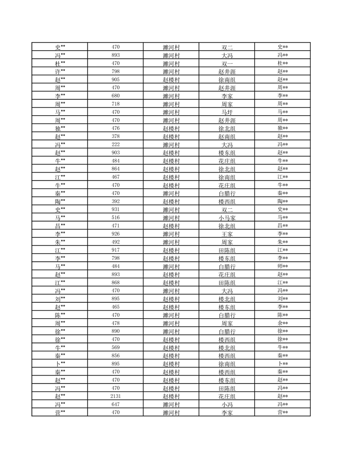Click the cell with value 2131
click(x=116, y=396)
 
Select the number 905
click(x=116, y=79)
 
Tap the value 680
click(x=116, y=96)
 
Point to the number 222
click(x=116, y=144)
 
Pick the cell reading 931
click(x=116, y=209)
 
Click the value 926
click(x=116, y=233)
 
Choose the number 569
click(x=116, y=347)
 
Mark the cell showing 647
click(x=116, y=404)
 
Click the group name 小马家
click(x=227, y=218)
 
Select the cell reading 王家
click(x=227, y=234)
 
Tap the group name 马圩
click(x=227, y=112)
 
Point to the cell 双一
click(x=227, y=64)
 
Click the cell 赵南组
click(x=227, y=136)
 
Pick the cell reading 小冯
click(x=227, y=404)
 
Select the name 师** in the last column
click(x=283, y=266)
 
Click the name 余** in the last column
click(x=283, y=323)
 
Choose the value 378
click(x=116, y=136)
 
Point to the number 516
click(x=116, y=218)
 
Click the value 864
click(x=116, y=169)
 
